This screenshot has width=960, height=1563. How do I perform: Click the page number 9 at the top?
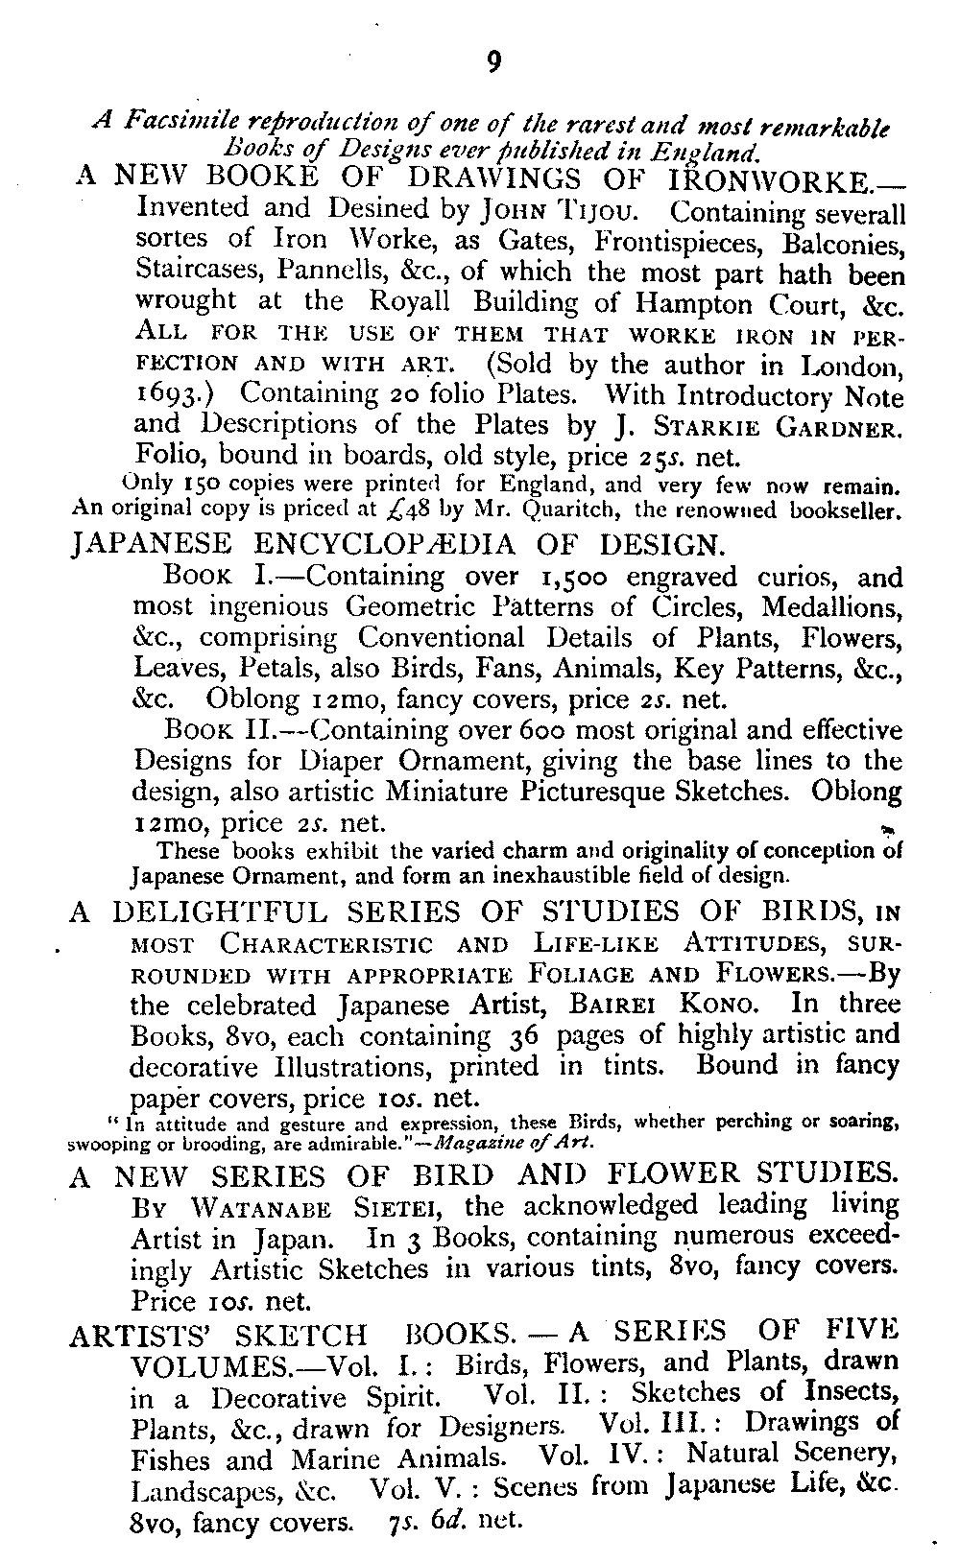492,63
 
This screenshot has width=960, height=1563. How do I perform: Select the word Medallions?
832,608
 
